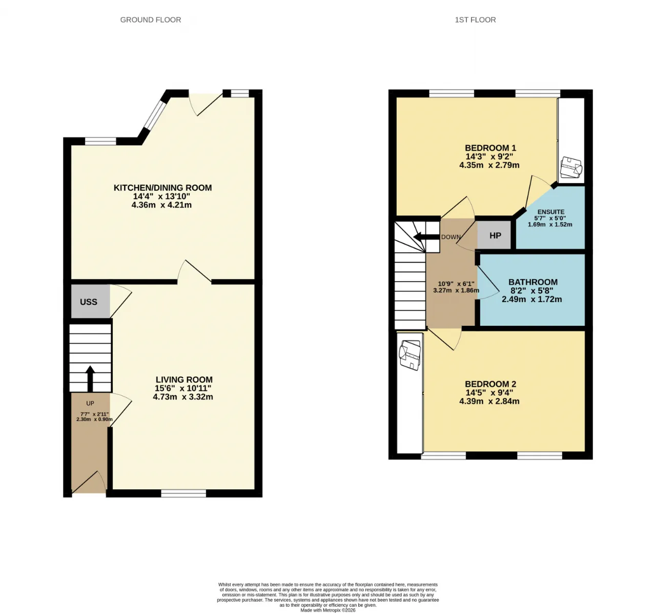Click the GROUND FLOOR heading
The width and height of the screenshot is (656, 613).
(151, 20)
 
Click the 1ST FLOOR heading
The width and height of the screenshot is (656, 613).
(475, 20)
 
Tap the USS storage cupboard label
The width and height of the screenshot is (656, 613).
(89, 302)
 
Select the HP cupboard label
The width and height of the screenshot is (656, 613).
(495, 236)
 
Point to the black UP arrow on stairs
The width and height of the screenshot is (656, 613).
(90, 378)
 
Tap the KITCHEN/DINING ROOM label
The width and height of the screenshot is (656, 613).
(162, 188)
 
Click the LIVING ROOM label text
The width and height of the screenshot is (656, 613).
(184, 380)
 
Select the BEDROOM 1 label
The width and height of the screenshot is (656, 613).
(490, 148)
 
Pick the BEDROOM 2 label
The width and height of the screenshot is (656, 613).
(490, 384)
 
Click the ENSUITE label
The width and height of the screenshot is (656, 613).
(551, 212)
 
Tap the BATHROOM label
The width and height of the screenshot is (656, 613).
(533, 282)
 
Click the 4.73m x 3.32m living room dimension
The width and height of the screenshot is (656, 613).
(183, 397)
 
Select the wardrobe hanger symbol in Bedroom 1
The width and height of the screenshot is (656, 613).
(570, 167)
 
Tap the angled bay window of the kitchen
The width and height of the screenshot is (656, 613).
(154, 115)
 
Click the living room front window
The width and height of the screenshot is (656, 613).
(183, 493)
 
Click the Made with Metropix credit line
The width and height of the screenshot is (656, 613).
(327, 610)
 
